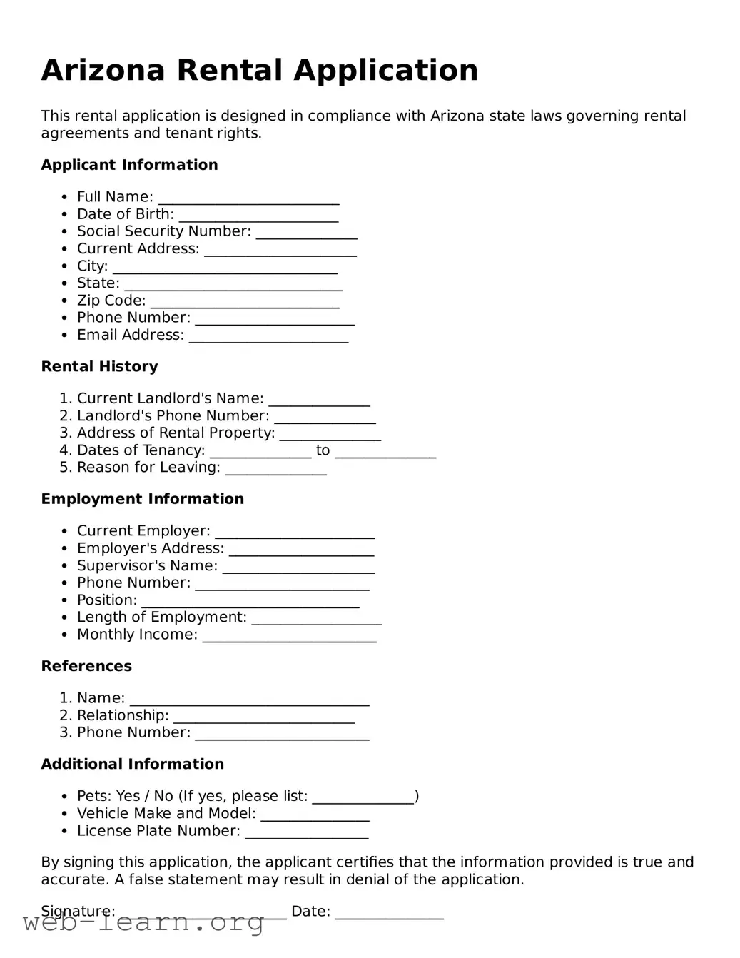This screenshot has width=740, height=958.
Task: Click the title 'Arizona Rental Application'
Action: click(260, 70)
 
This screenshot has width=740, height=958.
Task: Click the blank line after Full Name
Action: click(248, 198)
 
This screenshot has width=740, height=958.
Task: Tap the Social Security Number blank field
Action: click(306, 233)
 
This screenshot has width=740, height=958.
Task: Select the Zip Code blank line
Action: click(245, 302)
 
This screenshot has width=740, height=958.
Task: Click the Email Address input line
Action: click(268, 336)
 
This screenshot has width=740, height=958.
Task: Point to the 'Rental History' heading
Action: click(99, 366)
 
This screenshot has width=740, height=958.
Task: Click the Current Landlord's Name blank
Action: click(319, 400)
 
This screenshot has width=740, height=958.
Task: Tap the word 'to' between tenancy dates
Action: click(323, 450)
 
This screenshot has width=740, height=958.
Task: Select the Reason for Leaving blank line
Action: click(275, 469)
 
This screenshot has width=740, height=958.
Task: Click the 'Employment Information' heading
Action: click(142, 499)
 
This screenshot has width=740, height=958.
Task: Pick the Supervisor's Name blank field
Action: click(298, 567)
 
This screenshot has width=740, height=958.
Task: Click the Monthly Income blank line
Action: click(289, 636)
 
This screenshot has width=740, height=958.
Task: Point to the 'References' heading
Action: click(86, 666)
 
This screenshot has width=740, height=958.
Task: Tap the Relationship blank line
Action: click(264, 717)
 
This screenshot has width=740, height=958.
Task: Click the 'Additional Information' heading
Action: click(132, 764)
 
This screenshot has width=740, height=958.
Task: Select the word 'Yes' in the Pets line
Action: click(128, 796)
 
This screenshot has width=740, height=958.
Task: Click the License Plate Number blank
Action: click(306, 832)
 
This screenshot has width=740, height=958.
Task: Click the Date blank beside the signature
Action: click(389, 913)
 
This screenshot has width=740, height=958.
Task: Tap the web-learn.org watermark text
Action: click(143, 922)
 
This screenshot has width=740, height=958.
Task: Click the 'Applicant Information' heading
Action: click(129, 165)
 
